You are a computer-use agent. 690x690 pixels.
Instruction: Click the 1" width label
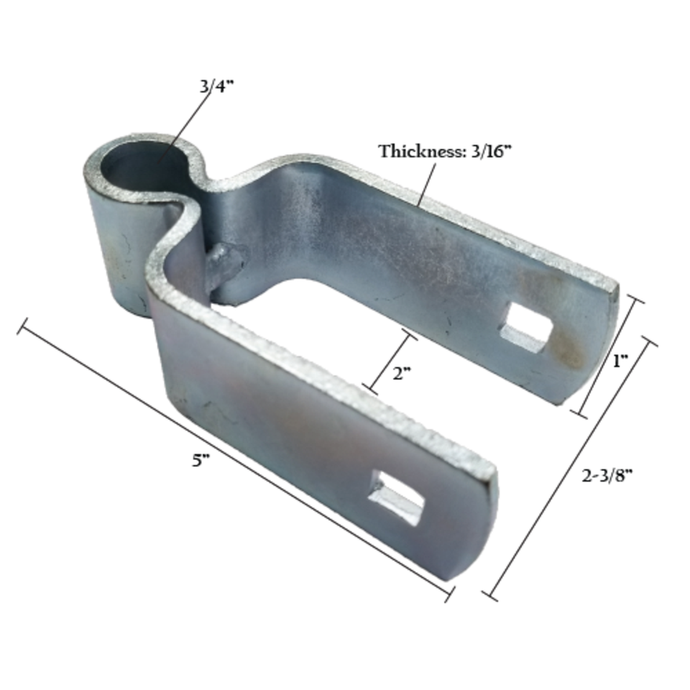[620, 362]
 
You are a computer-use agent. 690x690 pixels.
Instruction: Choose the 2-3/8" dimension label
[608, 474]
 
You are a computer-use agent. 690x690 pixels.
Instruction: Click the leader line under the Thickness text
[425, 184]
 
